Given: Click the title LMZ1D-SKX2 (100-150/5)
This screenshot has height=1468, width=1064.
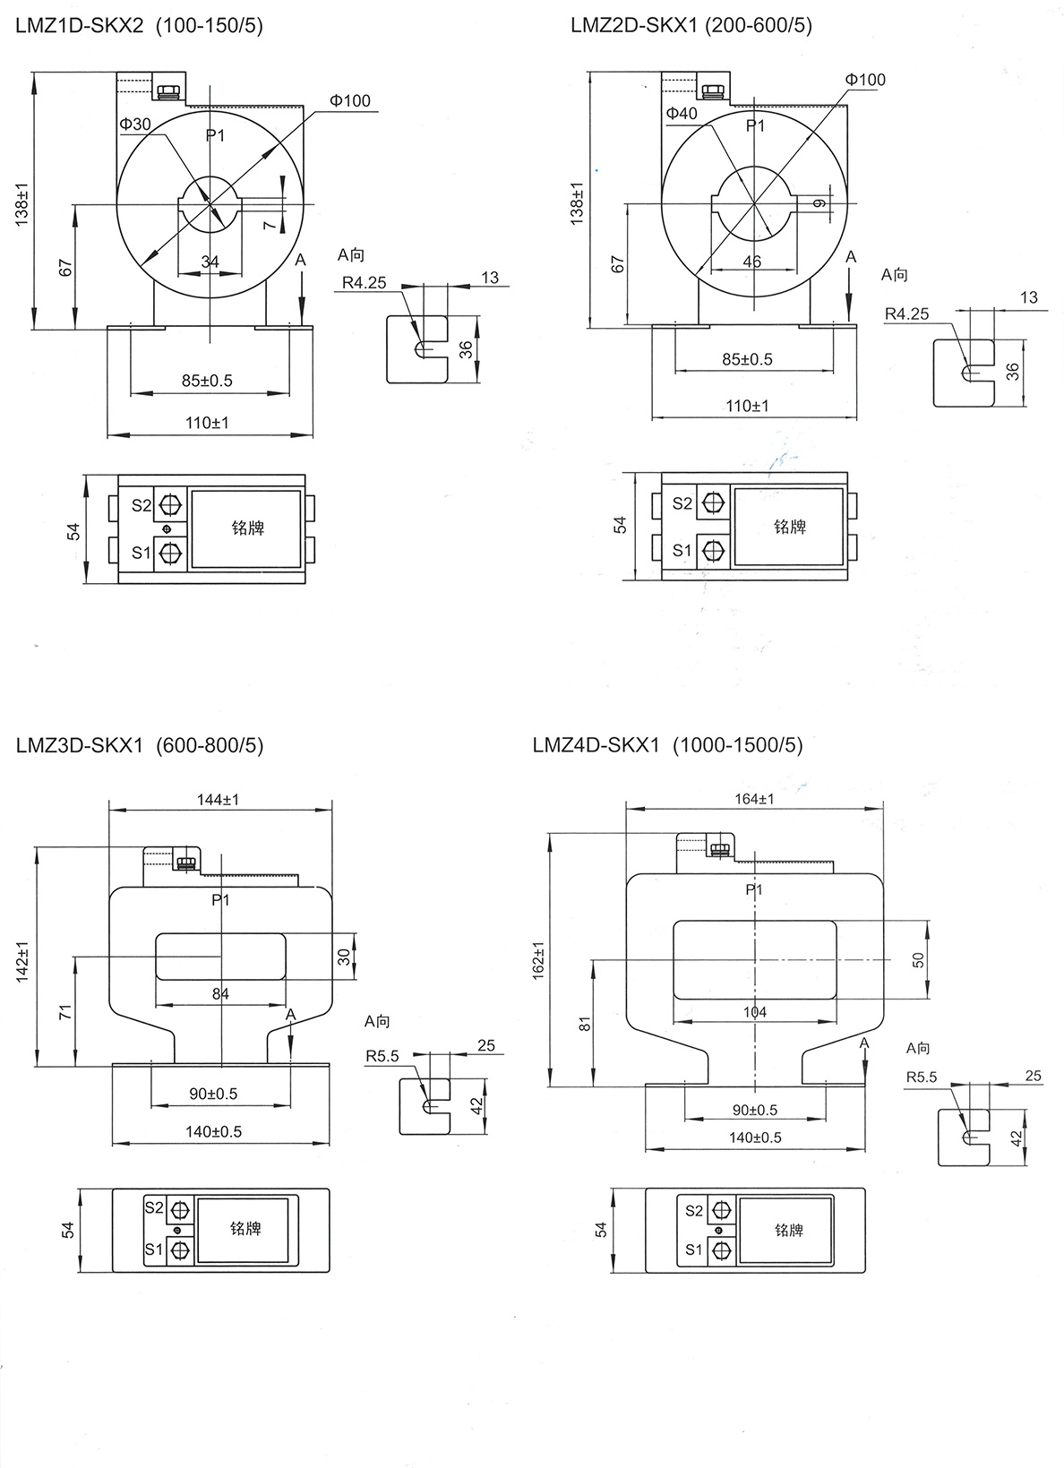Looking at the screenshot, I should point(139,26).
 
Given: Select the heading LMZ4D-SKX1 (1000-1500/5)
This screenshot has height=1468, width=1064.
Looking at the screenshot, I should point(667,744).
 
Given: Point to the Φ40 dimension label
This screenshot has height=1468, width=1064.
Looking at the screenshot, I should point(682,113).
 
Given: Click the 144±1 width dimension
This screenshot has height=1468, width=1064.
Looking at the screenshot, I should point(219,799).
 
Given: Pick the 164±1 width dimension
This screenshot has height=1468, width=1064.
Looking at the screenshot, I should point(753,798).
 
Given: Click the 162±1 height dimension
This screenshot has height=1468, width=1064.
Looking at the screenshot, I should point(538,958).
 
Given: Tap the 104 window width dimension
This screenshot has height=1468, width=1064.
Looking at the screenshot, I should point(755,1012).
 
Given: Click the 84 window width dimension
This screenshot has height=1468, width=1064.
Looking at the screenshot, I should point(220,993).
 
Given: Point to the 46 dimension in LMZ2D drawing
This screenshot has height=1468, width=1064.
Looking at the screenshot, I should point(752,262).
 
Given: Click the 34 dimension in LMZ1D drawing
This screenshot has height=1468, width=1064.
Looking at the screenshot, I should point(210,262).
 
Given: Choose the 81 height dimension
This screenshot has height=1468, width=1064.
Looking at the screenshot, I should point(585,1024).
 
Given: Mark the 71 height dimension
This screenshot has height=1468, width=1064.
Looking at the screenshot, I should point(64,1012).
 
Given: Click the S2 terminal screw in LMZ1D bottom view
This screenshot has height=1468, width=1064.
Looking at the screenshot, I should point(169,506).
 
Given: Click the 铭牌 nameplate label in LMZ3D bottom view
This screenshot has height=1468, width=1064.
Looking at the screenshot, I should point(245,1229).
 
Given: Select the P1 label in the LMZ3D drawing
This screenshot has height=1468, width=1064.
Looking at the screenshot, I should point(220,899).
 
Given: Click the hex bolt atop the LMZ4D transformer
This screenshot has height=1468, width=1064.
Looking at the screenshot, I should point(718,848).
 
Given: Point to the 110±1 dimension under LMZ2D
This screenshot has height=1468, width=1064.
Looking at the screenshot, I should point(747,406).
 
